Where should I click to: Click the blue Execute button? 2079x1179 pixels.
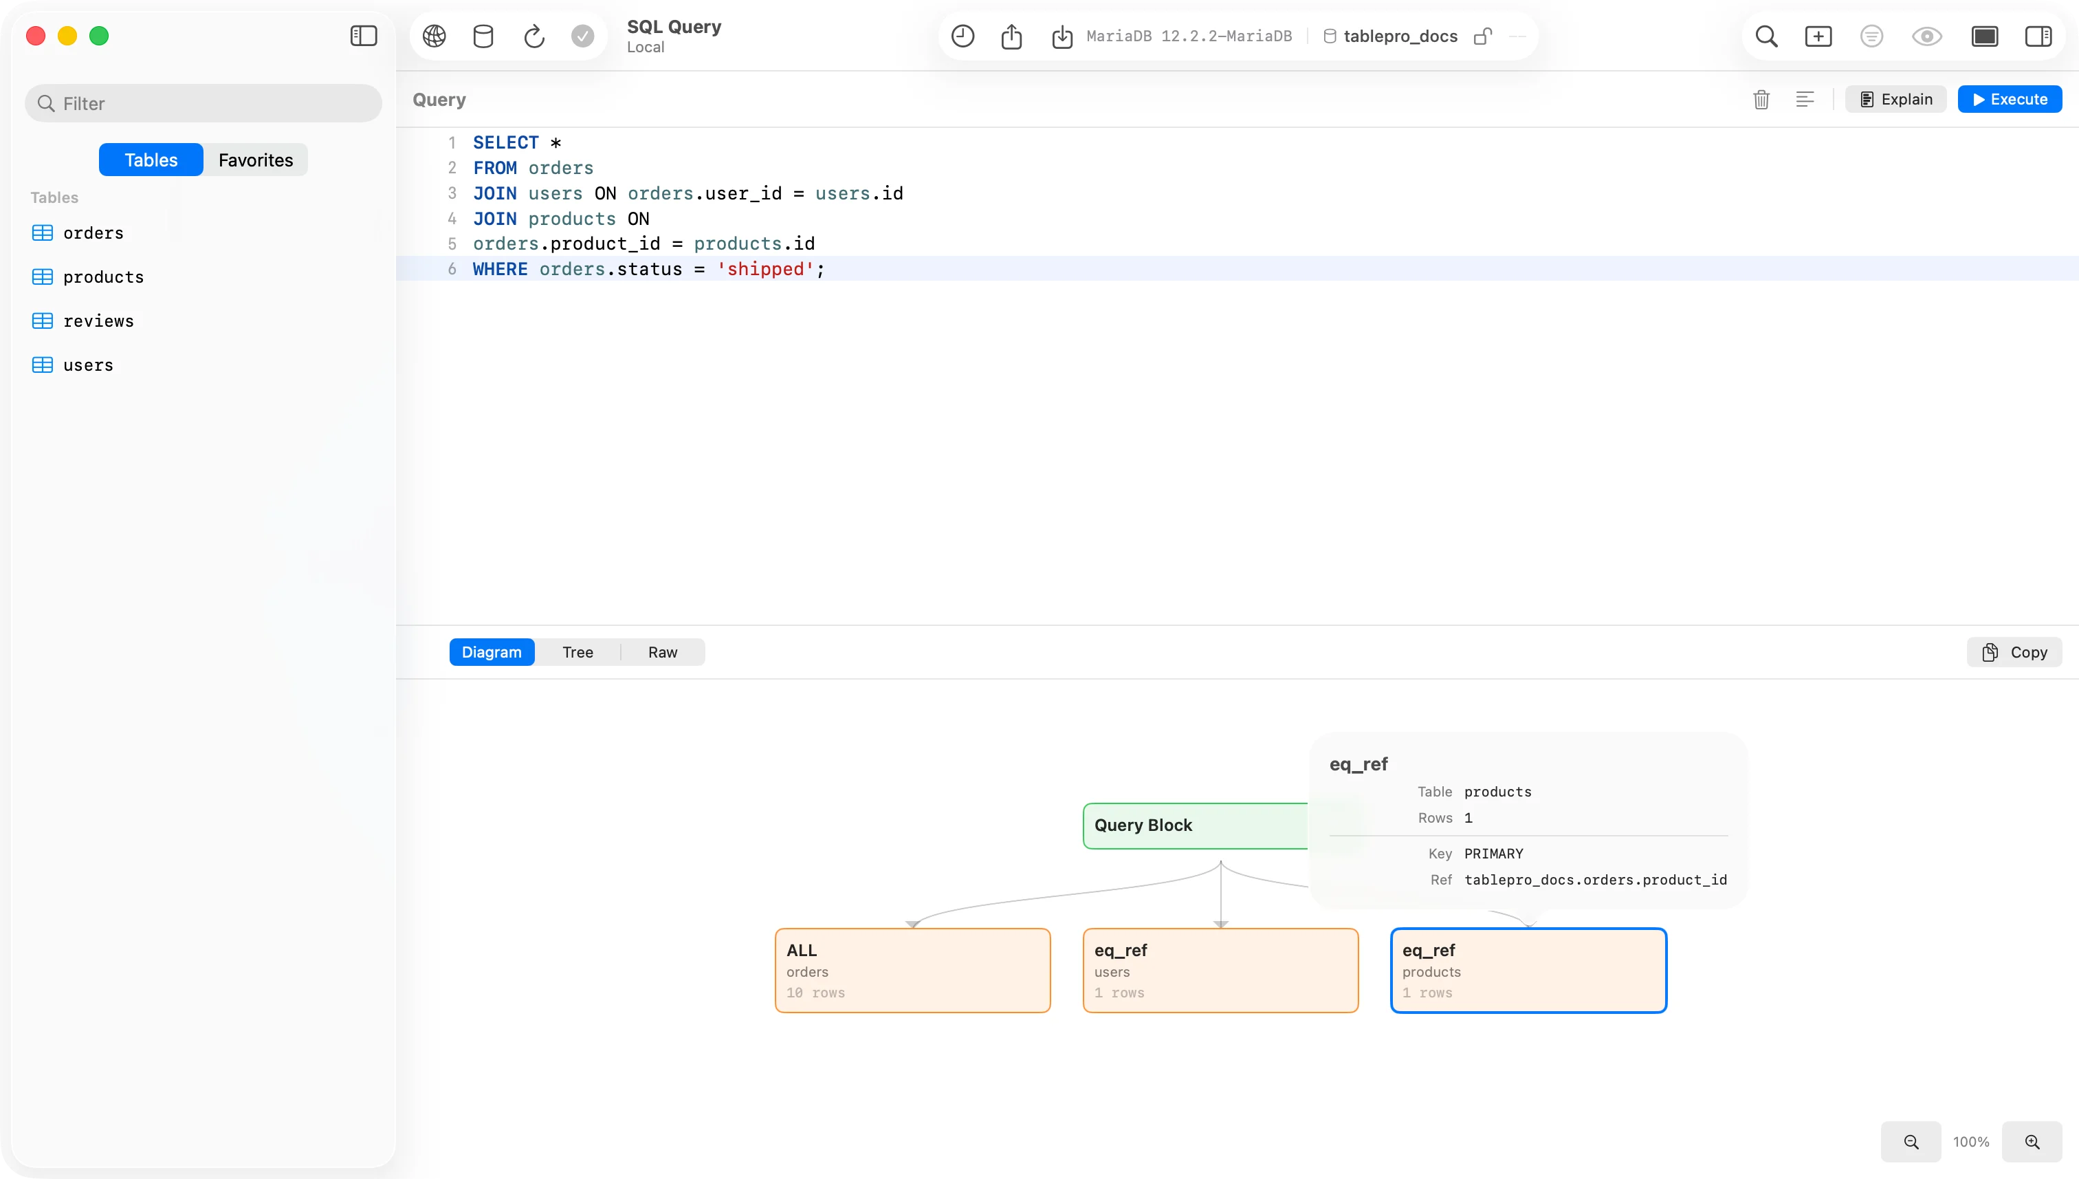pos(2010,99)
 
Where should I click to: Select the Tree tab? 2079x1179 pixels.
pos(577,652)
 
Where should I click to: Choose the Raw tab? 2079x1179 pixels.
pos(662,652)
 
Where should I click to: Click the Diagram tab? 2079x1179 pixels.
pos(492,652)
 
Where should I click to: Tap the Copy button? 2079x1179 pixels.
pos(2014,652)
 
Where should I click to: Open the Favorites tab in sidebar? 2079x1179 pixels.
pos(256,160)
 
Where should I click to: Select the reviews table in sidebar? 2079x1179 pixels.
pos(98,321)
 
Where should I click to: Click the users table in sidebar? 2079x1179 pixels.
pos(87,365)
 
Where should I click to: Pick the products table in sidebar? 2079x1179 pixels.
pos(102,277)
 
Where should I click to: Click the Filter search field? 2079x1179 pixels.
pos(203,103)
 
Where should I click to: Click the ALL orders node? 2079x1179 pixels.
pos(913,970)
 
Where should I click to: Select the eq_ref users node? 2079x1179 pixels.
pos(1220,970)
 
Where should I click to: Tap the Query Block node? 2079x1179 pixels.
pos(1196,825)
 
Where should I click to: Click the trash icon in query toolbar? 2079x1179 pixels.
pos(1761,100)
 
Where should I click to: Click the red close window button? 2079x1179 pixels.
pos(36,36)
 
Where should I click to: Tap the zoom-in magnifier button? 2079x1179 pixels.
pos(2032,1142)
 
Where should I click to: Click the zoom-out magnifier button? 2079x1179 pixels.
pos(1911,1142)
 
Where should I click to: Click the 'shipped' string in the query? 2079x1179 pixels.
pos(764,269)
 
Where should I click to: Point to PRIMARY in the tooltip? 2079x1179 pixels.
pos(1493,854)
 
